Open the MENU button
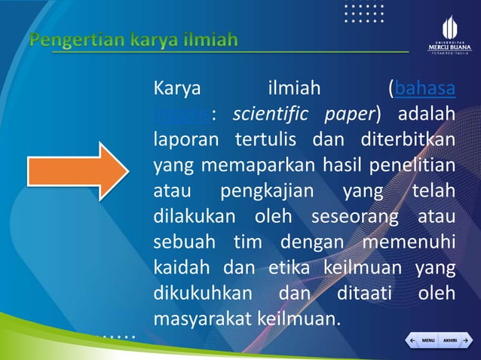tap(427, 340)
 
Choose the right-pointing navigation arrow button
tap(465, 340)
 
